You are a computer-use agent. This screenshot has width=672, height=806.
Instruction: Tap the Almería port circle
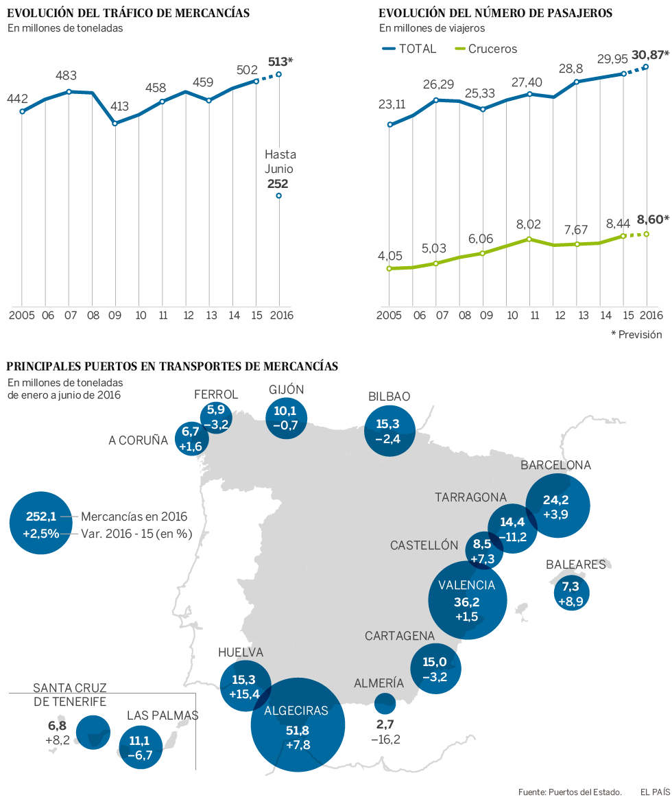[x=385, y=703]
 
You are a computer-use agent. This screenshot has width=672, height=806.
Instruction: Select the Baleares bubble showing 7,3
[x=571, y=593]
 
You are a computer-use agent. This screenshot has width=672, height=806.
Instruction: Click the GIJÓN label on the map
[x=287, y=390]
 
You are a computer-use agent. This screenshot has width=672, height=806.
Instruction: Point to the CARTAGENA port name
[x=400, y=636]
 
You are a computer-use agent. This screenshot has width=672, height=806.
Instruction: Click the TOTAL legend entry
[x=409, y=49]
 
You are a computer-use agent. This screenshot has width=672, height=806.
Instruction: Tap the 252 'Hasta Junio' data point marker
[x=278, y=195]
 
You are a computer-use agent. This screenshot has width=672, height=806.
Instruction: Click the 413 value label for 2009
[x=119, y=106]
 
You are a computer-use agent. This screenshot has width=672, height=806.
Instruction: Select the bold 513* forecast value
[x=280, y=62]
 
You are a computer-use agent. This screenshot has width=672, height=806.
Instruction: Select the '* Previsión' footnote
[x=636, y=334]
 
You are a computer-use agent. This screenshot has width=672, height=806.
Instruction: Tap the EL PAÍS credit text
[x=655, y=791]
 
